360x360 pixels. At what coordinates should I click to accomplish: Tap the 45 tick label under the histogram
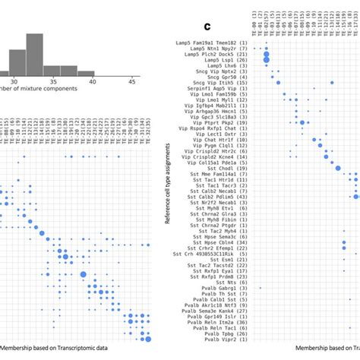click(x=131, y=81)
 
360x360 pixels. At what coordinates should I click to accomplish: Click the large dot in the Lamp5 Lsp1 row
click(x=267, y=60)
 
